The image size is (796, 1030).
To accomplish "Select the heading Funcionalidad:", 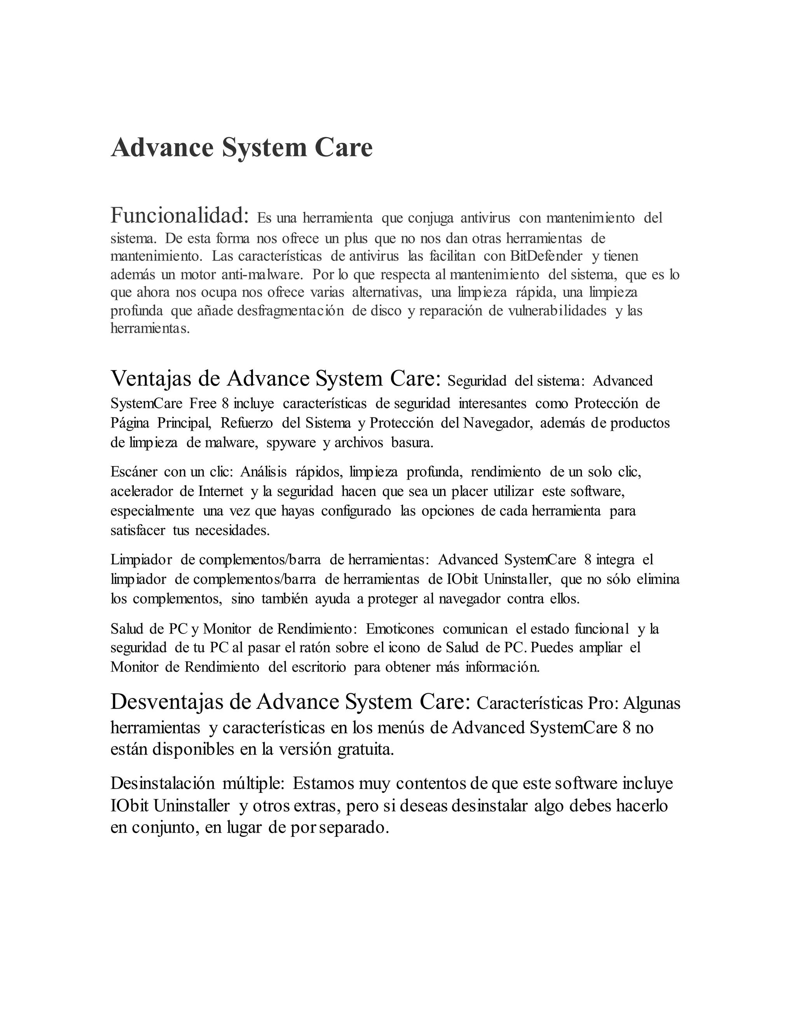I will (x=180, y=216).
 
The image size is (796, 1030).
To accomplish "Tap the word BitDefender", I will (x=546, y=256).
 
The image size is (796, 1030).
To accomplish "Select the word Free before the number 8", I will (x=203, y=404).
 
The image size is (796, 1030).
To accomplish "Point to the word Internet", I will (x=221, y=491).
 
